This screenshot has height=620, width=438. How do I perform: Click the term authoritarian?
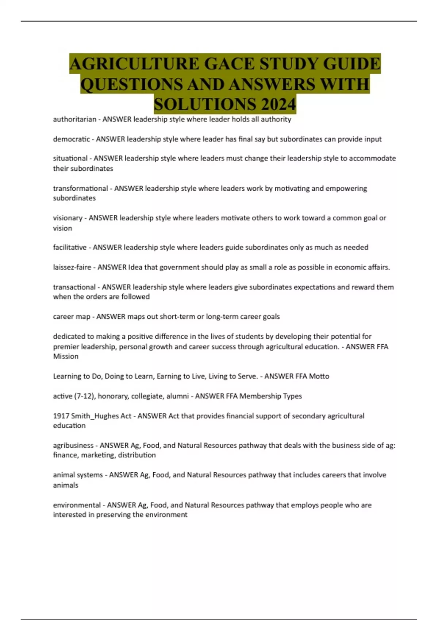(x=74, y=119)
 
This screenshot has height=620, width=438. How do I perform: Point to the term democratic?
(x=71, y=139)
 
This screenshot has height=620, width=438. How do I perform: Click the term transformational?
(x=80, y=188)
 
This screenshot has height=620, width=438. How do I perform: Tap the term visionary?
(x=68, y=218)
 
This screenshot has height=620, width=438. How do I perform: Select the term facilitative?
(x=70, y=247)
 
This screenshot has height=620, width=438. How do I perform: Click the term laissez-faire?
(x=72, y=267)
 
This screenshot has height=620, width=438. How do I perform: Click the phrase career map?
(x=72, y=317)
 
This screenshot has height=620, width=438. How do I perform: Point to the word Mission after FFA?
(x=66, y=356)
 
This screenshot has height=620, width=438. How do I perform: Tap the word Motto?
(x=319, y=376)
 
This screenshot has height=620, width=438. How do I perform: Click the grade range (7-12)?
(x=84, y=396)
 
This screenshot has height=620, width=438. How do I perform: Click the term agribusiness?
(x=73, y=445)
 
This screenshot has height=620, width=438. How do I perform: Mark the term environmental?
(x=77, y=505)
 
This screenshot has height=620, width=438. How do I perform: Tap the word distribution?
(x=137, y=455)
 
